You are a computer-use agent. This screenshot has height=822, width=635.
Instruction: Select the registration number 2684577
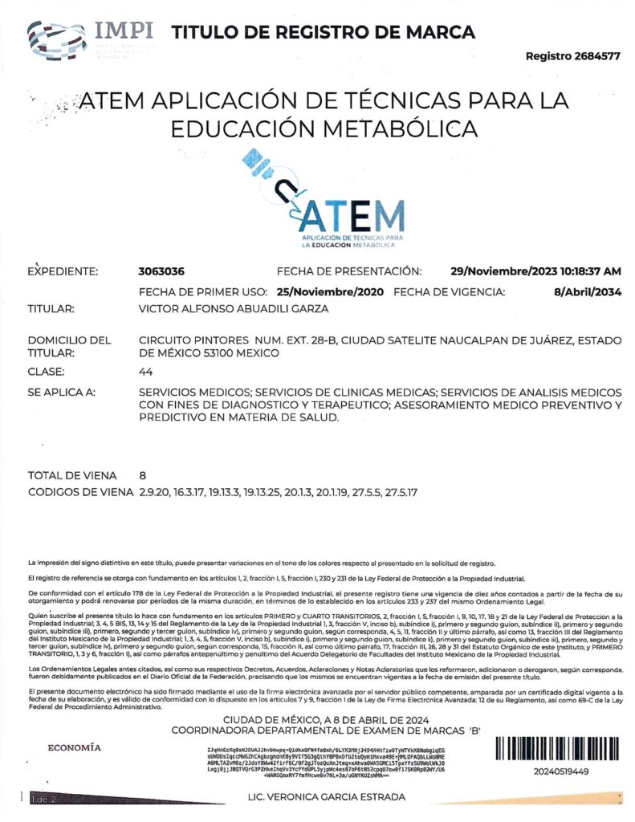[596, 57]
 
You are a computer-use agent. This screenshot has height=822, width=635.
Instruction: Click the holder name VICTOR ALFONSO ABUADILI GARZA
[234, 308]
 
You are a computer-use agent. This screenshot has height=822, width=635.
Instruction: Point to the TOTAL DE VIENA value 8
[142, 474]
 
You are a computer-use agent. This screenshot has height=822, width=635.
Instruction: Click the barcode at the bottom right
[560, 749]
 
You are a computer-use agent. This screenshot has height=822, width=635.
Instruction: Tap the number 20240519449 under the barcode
[560, 771]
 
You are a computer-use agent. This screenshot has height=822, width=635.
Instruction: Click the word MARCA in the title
[441, 33]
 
